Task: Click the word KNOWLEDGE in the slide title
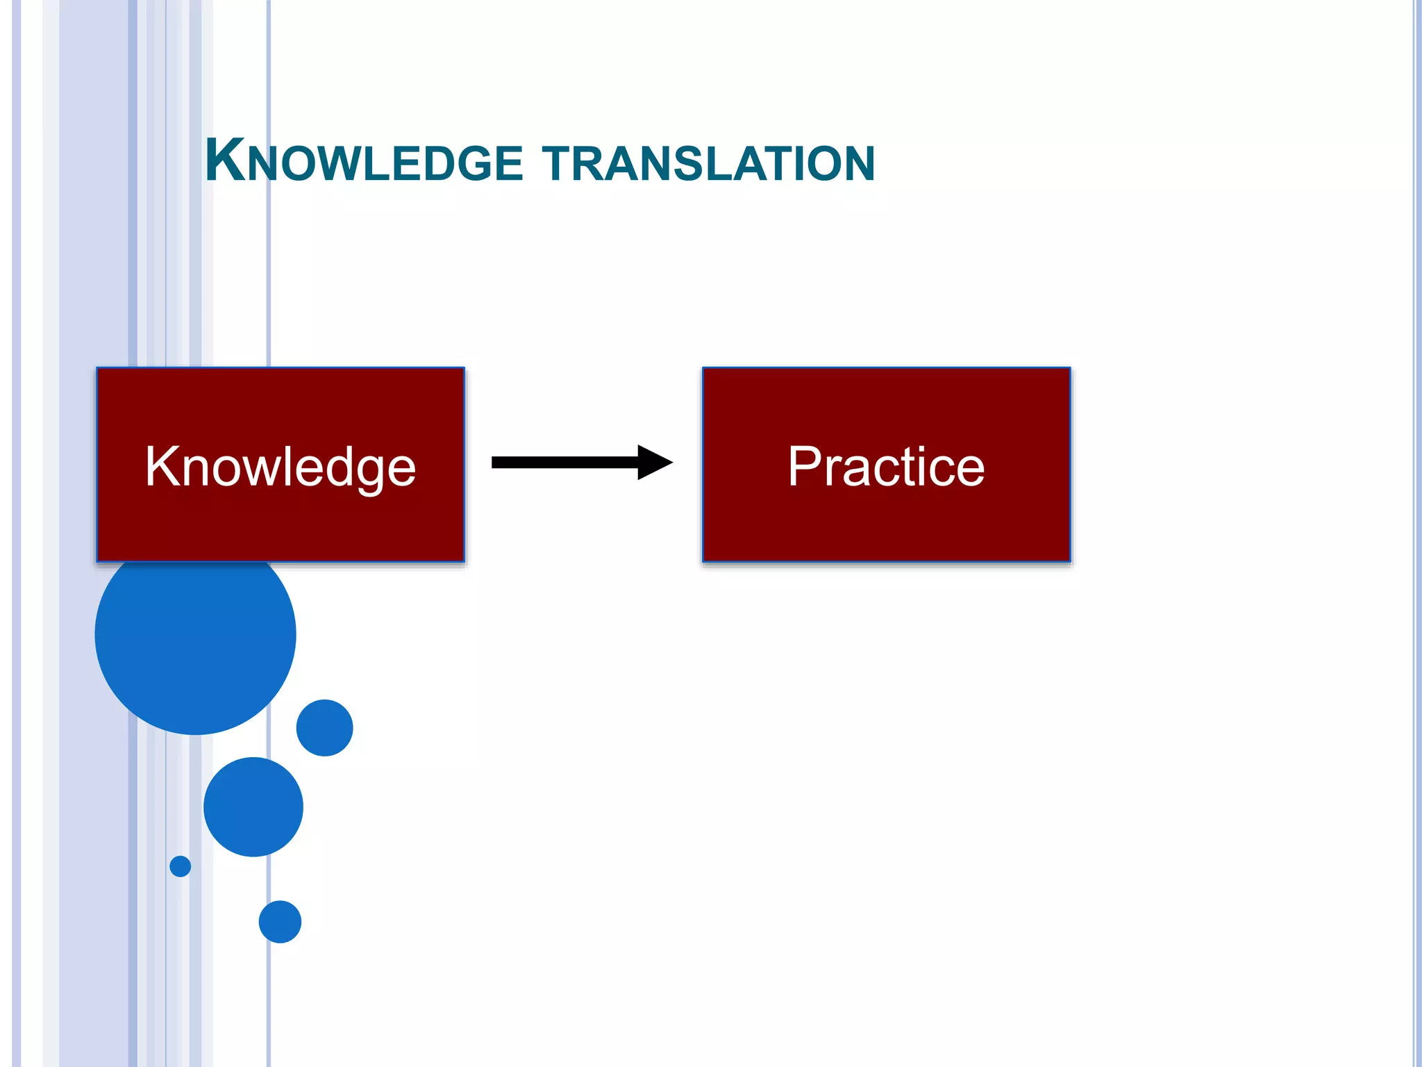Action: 364,163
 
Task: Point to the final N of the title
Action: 857,165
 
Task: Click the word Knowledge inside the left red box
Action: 281,467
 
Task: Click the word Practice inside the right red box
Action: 886,467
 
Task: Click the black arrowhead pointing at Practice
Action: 654,463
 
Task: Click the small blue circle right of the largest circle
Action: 324,727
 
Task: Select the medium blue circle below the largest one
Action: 253,807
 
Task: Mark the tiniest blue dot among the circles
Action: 180,866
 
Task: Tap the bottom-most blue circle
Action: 280,922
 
